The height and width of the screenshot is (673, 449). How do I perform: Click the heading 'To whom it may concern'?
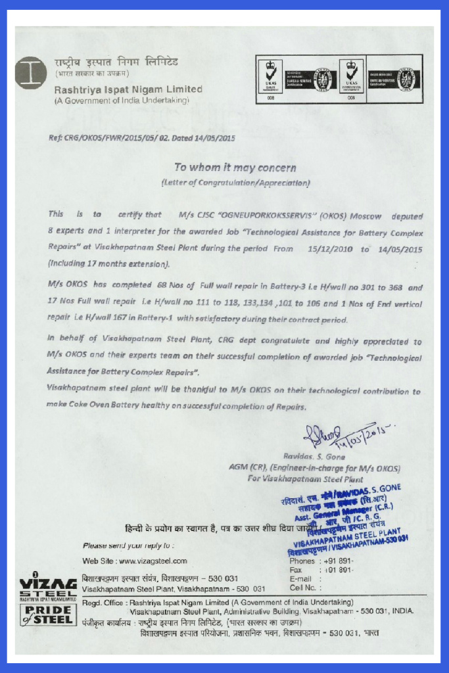pos(235,168)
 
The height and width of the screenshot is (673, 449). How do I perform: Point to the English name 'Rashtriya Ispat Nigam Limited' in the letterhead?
pos(128,89)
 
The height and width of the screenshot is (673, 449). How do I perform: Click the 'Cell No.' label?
pos(302,588)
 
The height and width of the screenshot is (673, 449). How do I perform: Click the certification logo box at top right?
pos(339,79)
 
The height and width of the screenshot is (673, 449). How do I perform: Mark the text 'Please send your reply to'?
pos(128,545)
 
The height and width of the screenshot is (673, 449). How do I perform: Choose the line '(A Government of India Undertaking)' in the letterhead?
pos(122,101)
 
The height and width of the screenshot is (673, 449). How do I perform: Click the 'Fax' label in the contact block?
pos(295,570)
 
